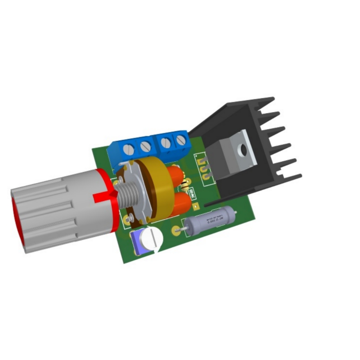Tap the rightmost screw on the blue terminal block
tap(180, 140)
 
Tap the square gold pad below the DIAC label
tap(196, 206)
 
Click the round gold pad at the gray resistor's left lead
tap(176, 230)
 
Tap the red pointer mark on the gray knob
tap(104, 197)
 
